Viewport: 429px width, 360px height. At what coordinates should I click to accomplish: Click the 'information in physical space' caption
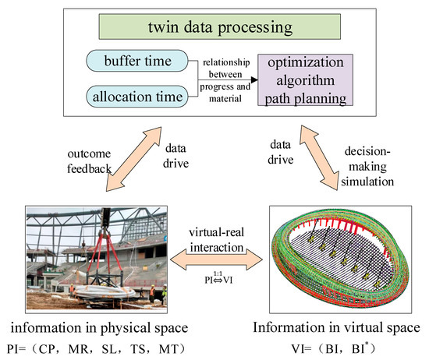(x=108, y=326)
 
